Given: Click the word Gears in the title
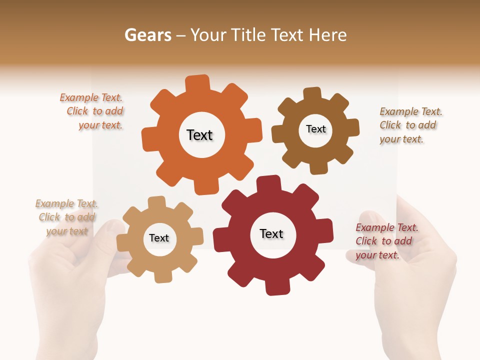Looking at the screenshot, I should point(147,35).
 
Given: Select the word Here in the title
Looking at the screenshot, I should point(327,35).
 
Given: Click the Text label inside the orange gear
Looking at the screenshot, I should point(199,135).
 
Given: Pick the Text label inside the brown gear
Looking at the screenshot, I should point(316,129).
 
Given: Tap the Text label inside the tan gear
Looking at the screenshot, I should point(159,238).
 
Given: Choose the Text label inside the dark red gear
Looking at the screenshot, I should point(271,233).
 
